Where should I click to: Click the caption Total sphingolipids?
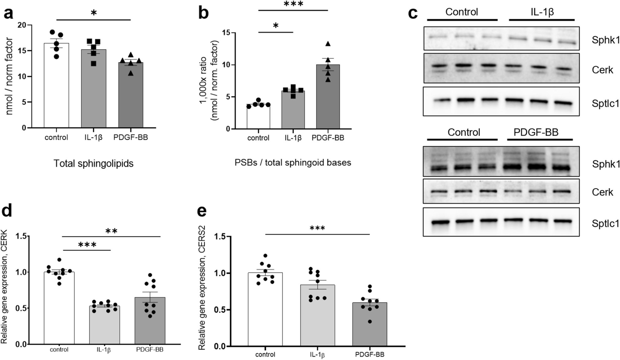(94, 163)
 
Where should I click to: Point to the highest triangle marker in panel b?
(328, 44)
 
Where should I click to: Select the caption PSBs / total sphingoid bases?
(293, 162)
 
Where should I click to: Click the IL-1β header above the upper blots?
(542, 12)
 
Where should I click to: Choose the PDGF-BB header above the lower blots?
(536, 132)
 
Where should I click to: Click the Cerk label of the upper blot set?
(602, 70)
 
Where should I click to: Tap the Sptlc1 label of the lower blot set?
(605, 223)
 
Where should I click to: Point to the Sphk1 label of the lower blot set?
(605, 164)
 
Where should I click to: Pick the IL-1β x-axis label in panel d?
(104, 350)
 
